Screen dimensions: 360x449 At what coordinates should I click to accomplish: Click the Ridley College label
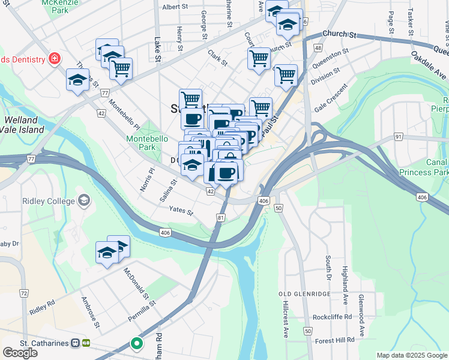pyautogui.click(x=48, y=201)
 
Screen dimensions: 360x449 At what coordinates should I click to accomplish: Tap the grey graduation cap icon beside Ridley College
pyautogui.click(x=83, y=200)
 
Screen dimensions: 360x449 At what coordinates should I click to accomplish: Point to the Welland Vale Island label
pyautogui.click(x=22, y=125)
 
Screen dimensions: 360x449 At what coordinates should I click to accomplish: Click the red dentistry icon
pyautogui.click(x=55, y=59)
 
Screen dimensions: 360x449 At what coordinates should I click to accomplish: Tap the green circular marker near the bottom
pyautogui.click(x=137, y=344)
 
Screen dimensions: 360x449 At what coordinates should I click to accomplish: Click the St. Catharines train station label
pyautogui.click(x=36, y=343)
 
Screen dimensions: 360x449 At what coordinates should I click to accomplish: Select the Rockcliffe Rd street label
pyautogui.click(x=332, y=317)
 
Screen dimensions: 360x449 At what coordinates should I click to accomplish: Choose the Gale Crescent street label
pyautogui.click(x=331, y=98)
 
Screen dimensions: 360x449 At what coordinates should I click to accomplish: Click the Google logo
pyautogui.click(x=20, y=353)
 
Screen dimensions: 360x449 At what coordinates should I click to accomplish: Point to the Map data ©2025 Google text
pyautogui.click(x=412, y=355)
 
